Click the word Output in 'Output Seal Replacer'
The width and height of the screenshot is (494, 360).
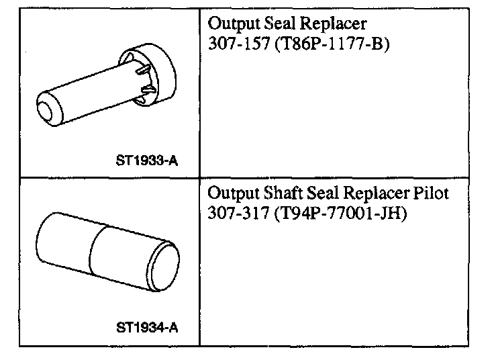tap(234, 24)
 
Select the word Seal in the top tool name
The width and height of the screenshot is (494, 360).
tap(279, 23)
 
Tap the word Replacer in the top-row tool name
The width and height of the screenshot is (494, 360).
tap(334, 24)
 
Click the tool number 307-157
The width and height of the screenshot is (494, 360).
tap(239, 43)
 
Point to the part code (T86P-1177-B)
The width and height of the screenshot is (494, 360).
tap(332, 44)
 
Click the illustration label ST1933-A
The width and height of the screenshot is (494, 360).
tap(147, 161)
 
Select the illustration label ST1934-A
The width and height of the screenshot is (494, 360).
tap(147, 328)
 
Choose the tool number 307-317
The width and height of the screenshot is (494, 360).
tap(239, 213)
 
